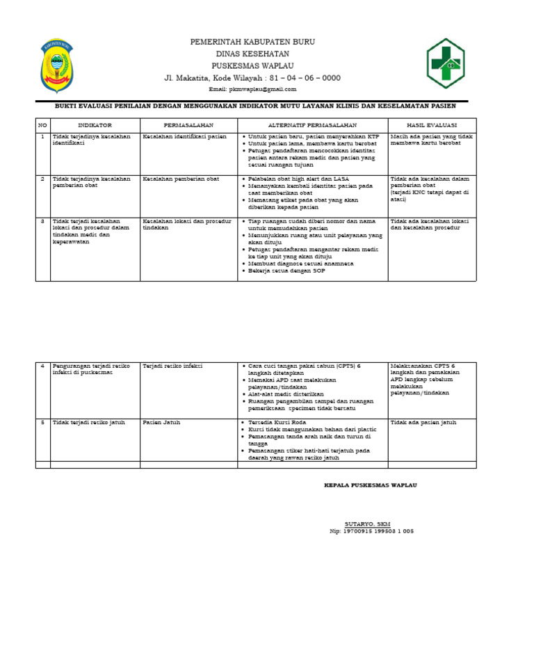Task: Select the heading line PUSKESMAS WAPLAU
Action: [252, 65]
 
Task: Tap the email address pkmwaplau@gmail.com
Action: [252, 89]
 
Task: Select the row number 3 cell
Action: [42, 221]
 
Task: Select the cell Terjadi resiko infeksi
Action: [172, 365]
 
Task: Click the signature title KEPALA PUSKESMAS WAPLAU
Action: [371, 485]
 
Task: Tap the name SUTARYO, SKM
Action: [367, 523]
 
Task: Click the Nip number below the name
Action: [371, 530]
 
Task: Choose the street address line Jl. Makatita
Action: [252, 78]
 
